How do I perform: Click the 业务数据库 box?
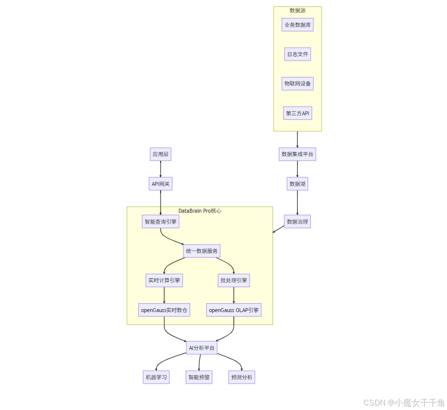click(297, 24)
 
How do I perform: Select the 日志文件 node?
click(297, 54)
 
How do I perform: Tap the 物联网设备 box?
click(297, 83)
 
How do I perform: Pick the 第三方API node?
click(297, 113)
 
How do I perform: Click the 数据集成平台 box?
click(297, 154)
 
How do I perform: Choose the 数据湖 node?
click(297, 184)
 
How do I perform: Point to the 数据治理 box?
click(297, 222)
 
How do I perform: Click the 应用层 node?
click(161, 154)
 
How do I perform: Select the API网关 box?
click(161, 184)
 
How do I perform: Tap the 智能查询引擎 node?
click(161, 222)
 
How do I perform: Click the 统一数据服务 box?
click(201, 251)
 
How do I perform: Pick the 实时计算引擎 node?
click(164, 280)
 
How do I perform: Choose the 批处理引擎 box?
click(234, 280)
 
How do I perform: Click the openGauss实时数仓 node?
click(164, 310)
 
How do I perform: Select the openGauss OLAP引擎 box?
click(234, 310)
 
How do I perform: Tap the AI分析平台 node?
click(201, 348)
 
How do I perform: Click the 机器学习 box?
click(156, 377)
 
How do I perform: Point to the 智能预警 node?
click(199, 377)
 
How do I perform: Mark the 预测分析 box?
click(242, 377)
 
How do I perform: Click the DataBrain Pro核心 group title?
click(199, 211)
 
